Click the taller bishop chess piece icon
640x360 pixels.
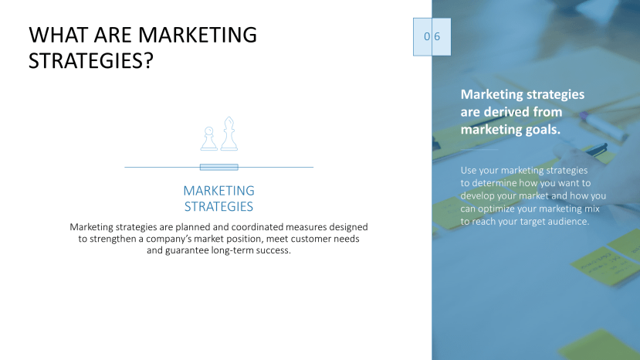point(229,134)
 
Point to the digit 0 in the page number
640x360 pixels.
point(426,36)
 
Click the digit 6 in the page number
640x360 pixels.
point(437,36)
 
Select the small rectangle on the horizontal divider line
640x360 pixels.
point(218,167)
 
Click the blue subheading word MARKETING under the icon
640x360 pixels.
point(218,191)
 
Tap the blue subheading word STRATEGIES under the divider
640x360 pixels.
point(218,207)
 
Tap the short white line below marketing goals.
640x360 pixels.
point(479,149)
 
